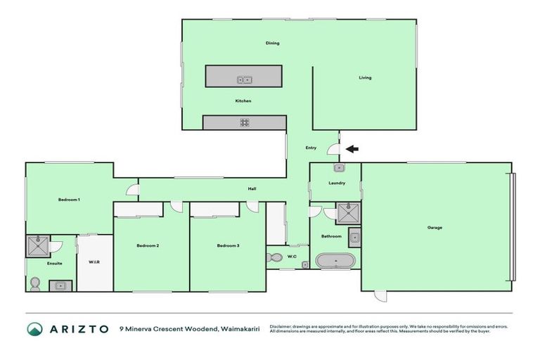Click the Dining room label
[x=273, y=43]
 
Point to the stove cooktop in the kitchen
[x=245, y=122]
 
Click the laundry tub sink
[x=337, y=168]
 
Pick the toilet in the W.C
[x=276, y=257]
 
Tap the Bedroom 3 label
[x=228, y=245]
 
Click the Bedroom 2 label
[x=148, y=245]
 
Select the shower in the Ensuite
[x=37, y=246]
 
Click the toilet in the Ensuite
[x=34, y=283]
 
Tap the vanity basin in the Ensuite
[x=60, y=285]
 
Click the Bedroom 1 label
[x=69, y=200]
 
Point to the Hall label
[x=252, y=189]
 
